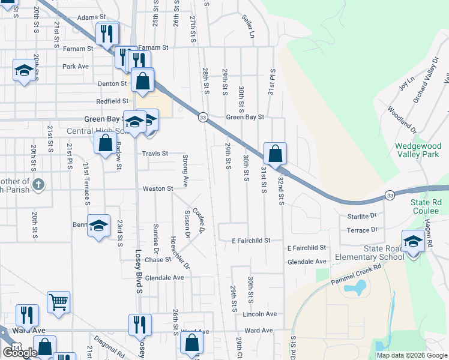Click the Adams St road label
(91, 19)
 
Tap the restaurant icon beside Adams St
(107, 34)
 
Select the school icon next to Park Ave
(24, 71)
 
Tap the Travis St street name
(155, 154)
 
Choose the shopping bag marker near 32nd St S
(275, 154)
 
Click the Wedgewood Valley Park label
(418, 150)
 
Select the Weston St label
(157, 189)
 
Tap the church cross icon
(38, 184)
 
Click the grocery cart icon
(58, 303)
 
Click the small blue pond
(354, 289)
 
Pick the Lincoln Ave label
(259, 314)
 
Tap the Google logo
(20, 353)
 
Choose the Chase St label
(158, 260)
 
